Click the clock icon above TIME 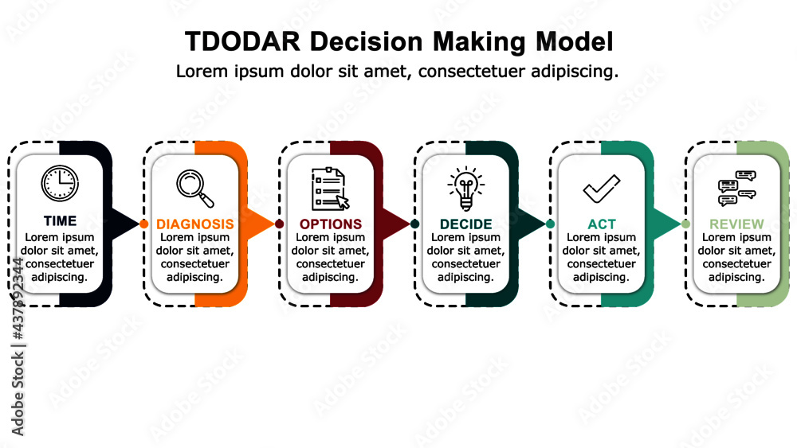[x=60, y=183]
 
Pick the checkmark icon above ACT [x=601, y=189]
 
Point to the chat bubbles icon [x=736, y=189]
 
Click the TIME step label [x=60, y=221]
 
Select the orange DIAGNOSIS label [x=195, y=224]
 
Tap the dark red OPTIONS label [x=331, y=224]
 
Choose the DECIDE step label [x=466, y=224]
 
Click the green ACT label [x=602, y=224]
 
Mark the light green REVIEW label [x=736, y=224]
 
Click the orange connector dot [x=143, y=224]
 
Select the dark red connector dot [x=279, y=224]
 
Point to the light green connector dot [x=685, y=224]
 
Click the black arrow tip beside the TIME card [x=128, y=224]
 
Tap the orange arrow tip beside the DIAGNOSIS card [x=263, y=224]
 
